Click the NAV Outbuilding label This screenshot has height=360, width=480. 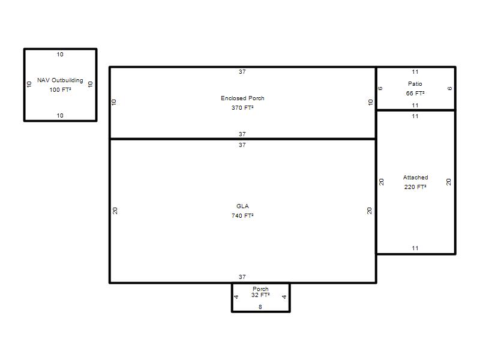pyautogui.click(x=60, y=80)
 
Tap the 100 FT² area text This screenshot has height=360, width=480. pyautogui.click(x=61, y=89)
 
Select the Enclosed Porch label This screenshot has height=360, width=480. pyautogui.click(x=242, y=98)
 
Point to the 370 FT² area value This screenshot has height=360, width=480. pyautogui.click(x=242, y=108)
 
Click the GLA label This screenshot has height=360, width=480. pyautogui.click(x=242, y=206)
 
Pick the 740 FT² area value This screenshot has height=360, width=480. pyautogui.click(x=242, y=216)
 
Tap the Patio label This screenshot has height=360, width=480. pyautogui.click(x=415, y=84)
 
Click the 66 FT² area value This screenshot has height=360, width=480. pyautogui.click(x=415, y=94)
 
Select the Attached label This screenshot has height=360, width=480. pyautogui.click(x=415, y=178)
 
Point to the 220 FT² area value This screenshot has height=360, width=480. pyautogui.click(x=415, y=187)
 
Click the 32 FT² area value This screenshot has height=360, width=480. pyautogui.click(x=260, y=295)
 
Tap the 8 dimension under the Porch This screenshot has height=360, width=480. pyautogui.click(x=260, y=307)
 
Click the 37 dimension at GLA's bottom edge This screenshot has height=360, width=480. pyautogui.click(x=242, y=277)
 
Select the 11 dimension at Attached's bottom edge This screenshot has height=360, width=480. pyautogui.click(x=415, y=248)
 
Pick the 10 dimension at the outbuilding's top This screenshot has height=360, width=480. pyautogui.click(x=60, y=55)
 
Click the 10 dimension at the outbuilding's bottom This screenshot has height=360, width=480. pyautogui.click(x=60, y=116)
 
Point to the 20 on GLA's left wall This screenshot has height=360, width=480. pyautogui.click(x=115, y=211)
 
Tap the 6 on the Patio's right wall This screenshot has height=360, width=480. pyautogui.click(x=449, y=88)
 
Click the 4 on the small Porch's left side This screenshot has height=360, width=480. pyautogui.click(x=236, y=297)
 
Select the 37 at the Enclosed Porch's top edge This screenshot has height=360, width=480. pyautogui.click(x=242, y=72)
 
